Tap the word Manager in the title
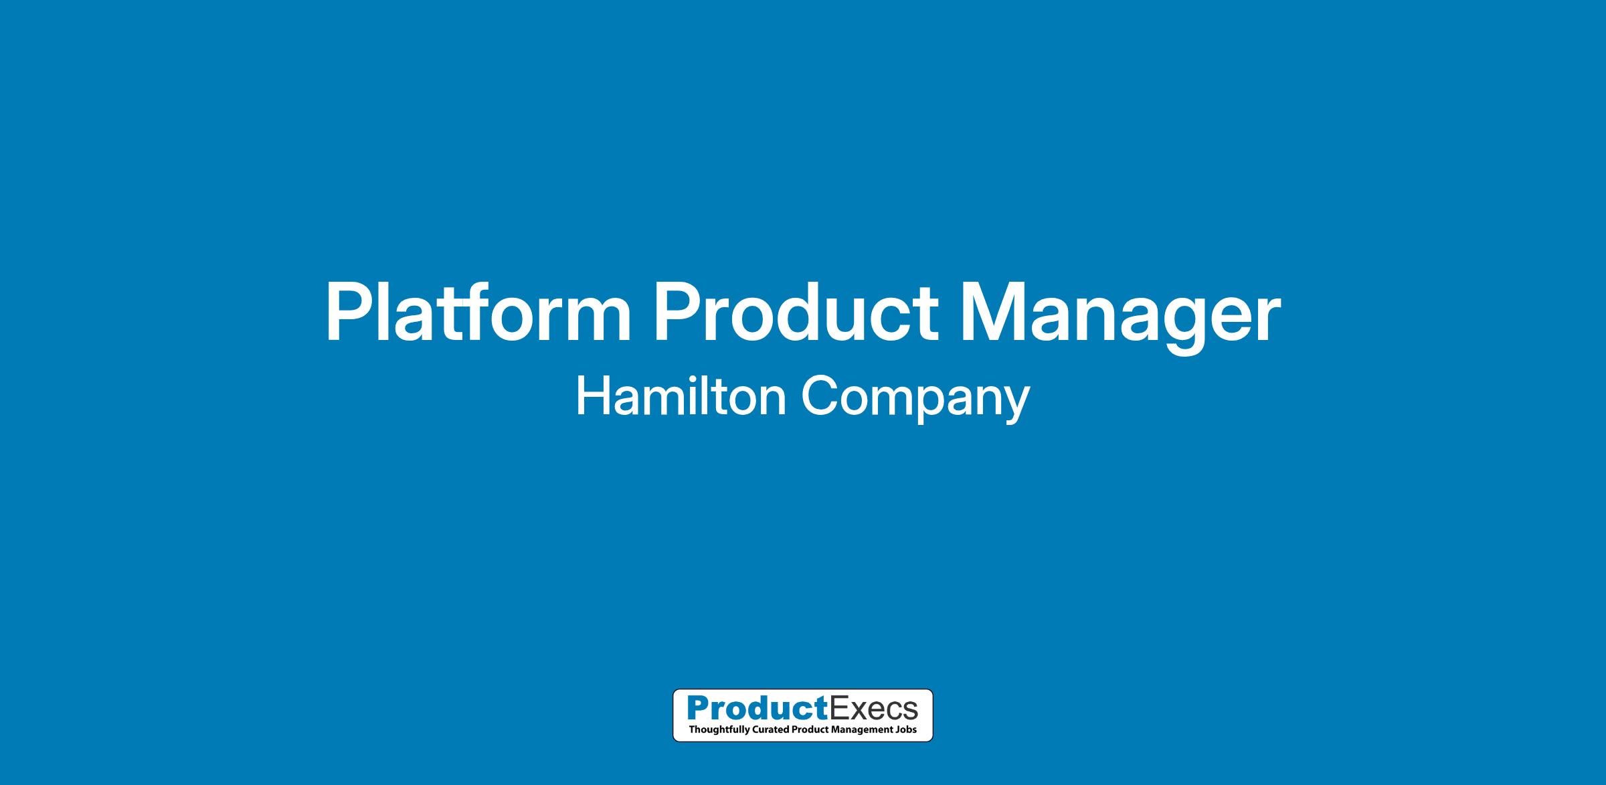1120,318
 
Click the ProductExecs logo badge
802,715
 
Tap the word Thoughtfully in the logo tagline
715,729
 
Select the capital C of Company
820,396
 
